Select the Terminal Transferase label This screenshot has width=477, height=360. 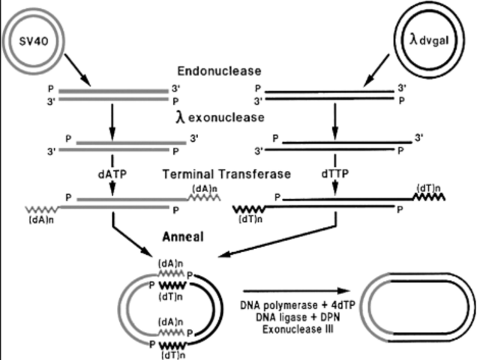point(227,174)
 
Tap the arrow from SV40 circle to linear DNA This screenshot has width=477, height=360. point(78,70)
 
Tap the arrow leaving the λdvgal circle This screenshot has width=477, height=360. point(375,70)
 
